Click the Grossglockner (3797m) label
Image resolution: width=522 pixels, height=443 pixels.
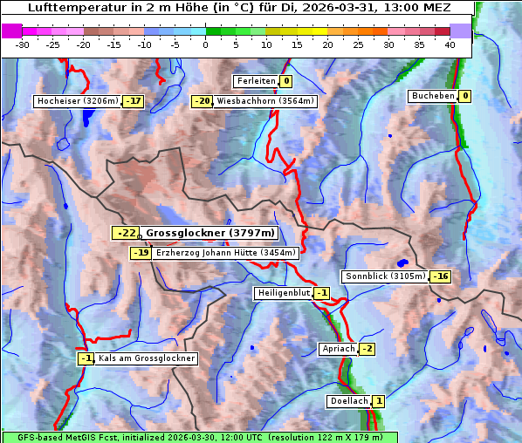[210, 233]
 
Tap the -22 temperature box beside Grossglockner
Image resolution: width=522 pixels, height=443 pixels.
[126, 233]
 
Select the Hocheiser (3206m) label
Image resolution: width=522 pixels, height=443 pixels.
[77, 101]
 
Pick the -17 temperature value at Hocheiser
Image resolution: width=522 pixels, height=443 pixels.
[134, 101]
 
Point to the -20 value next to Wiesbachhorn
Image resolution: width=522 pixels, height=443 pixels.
[203, 101]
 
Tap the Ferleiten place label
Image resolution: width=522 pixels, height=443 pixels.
[256, 81]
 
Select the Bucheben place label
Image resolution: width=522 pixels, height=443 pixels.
[433, 96]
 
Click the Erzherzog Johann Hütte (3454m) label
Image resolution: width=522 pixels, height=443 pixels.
[226, 253]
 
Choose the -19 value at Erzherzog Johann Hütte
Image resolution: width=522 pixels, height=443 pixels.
[141, 253]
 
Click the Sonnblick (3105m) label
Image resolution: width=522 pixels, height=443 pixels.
[385, 276]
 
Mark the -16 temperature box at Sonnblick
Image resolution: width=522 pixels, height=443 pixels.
[441, 276]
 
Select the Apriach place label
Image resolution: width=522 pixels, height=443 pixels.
[339, 349]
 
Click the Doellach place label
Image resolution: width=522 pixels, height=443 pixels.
[349, 401]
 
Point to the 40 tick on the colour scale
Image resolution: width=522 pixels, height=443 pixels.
[450, 44]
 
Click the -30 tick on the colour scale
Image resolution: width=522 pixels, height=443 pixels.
[23, 44]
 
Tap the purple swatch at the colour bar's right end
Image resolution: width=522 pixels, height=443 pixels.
[460, 31]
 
